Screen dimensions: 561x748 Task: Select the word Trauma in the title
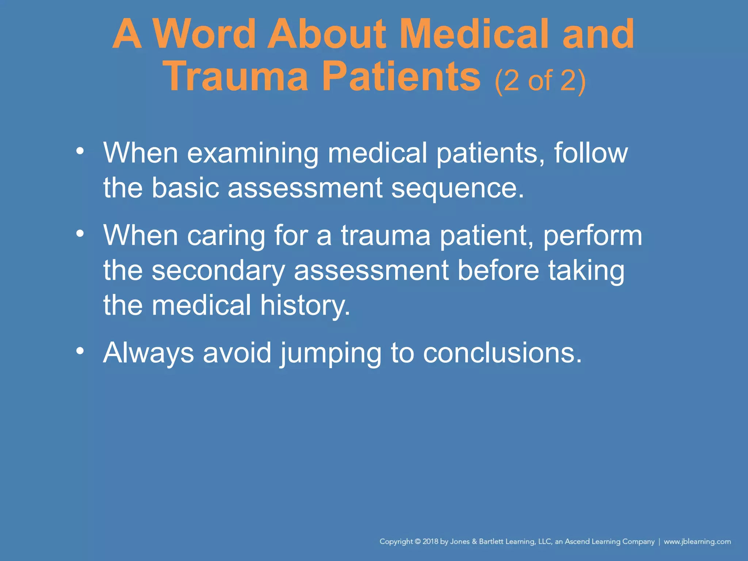tap(237, 77)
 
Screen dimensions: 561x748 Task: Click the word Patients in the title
tap(401, 77)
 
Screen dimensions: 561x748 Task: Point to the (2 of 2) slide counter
tap(540, 81)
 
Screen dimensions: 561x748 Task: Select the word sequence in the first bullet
tap(457, 188)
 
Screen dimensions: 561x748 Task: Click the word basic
tap(185, 188)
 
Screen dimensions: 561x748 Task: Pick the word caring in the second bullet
tap(226, 236)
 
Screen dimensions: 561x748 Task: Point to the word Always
tap(148, 354)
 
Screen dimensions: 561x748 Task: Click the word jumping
tap(331, 354)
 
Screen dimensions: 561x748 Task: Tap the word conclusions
tap(502, 353)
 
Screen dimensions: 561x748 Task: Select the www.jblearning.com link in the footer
tap(697, 542)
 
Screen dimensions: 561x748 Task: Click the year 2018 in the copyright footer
tap(430, 542)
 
